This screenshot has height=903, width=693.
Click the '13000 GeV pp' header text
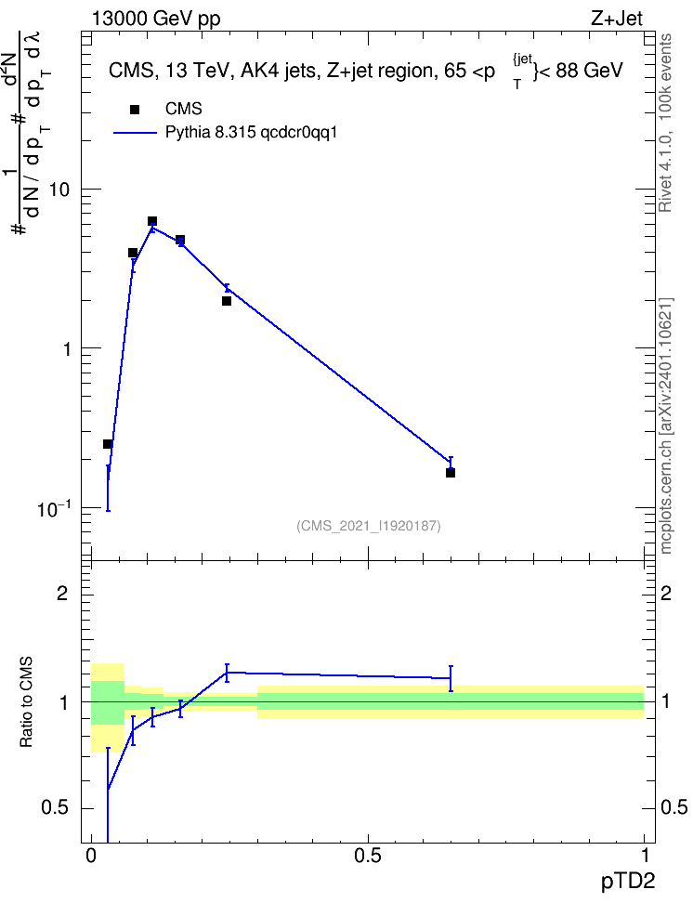coord(156,20)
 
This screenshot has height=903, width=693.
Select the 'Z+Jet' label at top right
coord(617,19)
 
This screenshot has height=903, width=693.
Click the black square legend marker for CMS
coord(135,109)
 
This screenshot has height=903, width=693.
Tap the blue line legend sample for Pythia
coord(135,133)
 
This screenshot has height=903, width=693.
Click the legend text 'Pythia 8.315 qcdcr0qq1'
coord(251,133)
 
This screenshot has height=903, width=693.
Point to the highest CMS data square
coord(152,221)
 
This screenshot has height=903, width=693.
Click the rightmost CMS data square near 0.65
coord(451,473)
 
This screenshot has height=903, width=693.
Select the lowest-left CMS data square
coord(107,444)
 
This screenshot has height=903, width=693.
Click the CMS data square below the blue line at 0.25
coord(227,301)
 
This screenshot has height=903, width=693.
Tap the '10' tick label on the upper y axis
coord(59,190)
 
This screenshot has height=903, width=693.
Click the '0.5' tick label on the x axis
coord(368,856)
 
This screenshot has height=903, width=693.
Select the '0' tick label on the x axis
coord(91,856)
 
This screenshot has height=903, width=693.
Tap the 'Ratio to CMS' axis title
coord(26,702)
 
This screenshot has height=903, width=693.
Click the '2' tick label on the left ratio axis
coord(62,593)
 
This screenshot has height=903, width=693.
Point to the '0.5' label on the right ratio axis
coord(674,807)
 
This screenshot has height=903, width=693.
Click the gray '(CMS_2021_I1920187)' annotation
coord(369,526)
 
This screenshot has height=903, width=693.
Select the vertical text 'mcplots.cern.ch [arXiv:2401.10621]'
coord(666,426)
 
